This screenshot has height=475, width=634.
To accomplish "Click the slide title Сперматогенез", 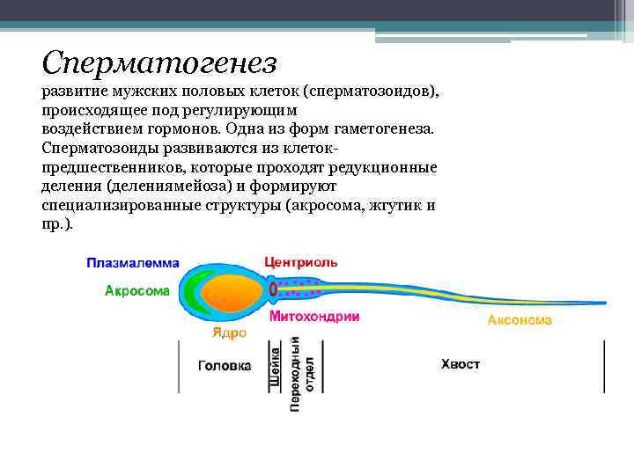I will (159, 62).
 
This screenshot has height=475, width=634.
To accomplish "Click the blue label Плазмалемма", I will (132, 263).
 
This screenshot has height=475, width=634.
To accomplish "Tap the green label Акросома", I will (136, 290).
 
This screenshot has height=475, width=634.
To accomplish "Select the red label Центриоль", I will (300, 262).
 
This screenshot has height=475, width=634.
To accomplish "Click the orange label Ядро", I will (228, 333).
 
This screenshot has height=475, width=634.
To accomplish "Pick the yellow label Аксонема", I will (520, 320).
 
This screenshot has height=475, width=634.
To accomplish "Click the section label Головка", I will (224, 365).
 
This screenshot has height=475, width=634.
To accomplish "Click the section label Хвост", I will (461, 364).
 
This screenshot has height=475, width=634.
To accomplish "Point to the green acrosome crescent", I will (199, 290).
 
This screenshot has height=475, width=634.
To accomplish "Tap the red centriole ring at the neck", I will (273, 289).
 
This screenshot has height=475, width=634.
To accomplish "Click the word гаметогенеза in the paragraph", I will (383, 128).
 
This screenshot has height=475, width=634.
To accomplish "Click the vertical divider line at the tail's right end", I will (604, 366).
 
